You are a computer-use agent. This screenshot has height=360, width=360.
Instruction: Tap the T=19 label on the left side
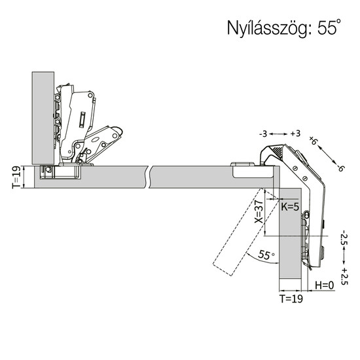(x=16, y=177)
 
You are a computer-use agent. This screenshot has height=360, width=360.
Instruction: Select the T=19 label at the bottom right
(x=291, y=298)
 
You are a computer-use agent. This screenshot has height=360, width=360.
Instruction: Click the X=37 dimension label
(x=259, y=211)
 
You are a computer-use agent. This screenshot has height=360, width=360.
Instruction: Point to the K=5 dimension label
(x=290, y=207)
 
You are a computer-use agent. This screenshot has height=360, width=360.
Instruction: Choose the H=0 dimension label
(x=325, y=285)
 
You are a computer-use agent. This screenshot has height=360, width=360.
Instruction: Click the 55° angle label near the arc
(x=266, y=255)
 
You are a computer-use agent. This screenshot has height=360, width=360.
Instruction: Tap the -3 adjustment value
(x=263, y=134)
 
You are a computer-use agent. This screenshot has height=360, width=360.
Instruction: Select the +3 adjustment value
(x=295, y=134)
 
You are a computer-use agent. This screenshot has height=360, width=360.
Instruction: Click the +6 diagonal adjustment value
(x=313, y=140)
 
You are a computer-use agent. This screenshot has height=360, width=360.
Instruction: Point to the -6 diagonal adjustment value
(x=340, y=168)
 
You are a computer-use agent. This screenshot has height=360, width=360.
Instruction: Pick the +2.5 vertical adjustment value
(x=344, y=276)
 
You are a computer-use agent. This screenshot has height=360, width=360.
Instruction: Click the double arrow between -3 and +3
(x=278, y=134)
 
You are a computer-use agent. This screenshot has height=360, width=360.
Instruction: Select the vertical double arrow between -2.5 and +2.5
(x=344, y=256)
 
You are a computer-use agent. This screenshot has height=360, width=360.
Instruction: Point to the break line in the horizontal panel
(x=149, y=177)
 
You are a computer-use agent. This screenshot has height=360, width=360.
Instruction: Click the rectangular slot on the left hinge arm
(x=82, y=120)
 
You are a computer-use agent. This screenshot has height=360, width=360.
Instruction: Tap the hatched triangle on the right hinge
(x=277, y=152)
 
